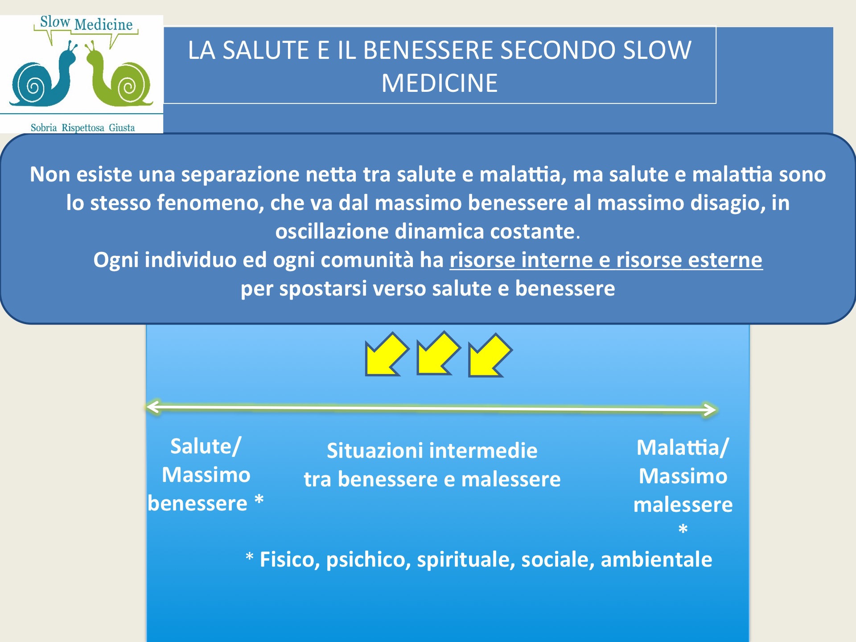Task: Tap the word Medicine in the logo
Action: (x=103, y=25)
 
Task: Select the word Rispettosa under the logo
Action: (x=83, y=128)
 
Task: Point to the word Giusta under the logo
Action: (x=122, y=128)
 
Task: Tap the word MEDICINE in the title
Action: (x=440, y=83)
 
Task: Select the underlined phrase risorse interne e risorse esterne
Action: (x=606, y=260)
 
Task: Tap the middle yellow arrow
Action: (x=438, y=353)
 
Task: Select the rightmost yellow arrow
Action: (x=490, y=355)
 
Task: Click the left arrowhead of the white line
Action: (x=152, y=407)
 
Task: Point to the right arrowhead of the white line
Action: (x=710, y=409)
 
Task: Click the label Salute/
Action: (x=206, y=446)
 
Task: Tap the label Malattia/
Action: (x=683, y=448)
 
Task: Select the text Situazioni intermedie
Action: (x=432, y=450)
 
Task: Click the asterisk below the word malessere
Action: (x=683, y=529)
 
